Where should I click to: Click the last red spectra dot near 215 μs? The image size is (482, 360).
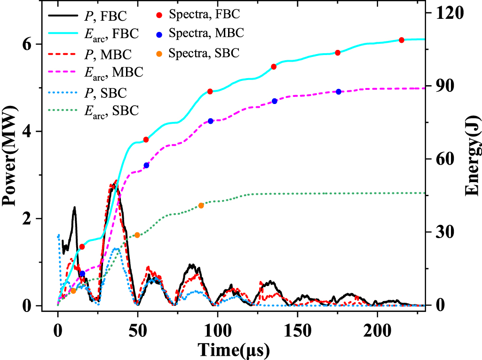(x=401, y=40)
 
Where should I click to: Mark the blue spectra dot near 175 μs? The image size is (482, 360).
(x=338, y=92)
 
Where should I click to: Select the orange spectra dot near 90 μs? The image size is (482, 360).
(x=201, y=206)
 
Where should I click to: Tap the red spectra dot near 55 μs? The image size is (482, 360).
(x=146, y=140)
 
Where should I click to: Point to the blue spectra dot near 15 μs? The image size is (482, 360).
(x=82, y=273)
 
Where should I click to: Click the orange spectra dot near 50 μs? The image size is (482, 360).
(x=137, y=235)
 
